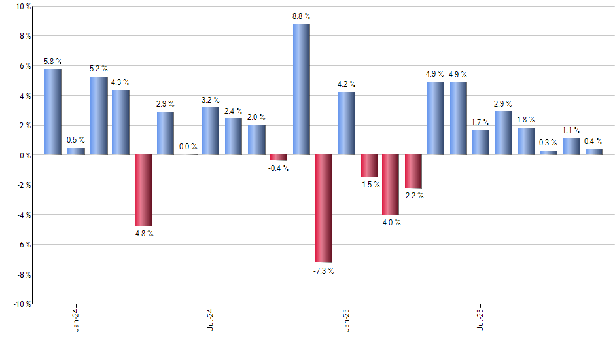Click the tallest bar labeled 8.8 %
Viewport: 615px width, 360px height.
[x=301, y=89]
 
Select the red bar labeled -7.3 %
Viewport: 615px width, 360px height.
[x=324, y=208]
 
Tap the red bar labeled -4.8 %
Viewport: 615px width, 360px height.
[x=143, y=190]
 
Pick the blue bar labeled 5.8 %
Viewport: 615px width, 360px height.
[x=53, y=111]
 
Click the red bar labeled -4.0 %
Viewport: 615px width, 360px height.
[x=391, y=185]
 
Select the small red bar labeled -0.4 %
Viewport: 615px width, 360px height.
[x=279, y=158]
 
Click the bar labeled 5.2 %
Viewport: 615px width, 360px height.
[x=99, y=115]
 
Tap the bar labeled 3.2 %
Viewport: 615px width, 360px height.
[x=211, y=131]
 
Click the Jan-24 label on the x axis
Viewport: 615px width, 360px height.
[x=76, y=318]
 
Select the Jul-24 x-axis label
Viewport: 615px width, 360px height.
[x=211, y=318]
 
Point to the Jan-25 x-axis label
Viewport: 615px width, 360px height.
[x=346, y=318]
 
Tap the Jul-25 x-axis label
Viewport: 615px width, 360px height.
[x=481, y=318]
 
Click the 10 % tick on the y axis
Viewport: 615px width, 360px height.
[x=23, y=7]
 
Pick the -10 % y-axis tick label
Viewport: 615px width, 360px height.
[x=22, y=304]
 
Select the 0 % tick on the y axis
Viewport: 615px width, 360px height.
[x=25, y=155]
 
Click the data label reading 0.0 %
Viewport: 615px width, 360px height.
[x=188, y=147]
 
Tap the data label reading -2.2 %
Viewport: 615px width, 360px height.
[x=413, y=196]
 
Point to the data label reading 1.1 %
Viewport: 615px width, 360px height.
[x=571, y=130]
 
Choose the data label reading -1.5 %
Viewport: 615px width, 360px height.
[x=369, y=185]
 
